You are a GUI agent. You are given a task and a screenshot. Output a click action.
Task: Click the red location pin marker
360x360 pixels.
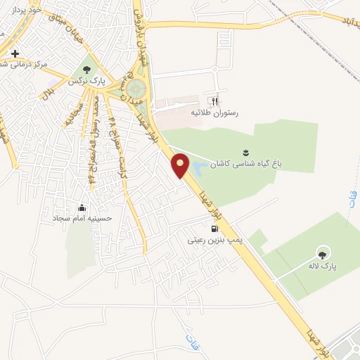181,165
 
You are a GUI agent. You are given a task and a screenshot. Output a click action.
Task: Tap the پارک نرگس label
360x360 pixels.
87,82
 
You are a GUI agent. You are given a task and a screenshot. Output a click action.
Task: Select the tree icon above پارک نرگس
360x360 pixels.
86,69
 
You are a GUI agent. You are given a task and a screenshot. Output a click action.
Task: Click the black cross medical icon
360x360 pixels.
15,53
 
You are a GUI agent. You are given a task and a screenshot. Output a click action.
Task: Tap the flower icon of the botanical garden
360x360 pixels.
245,151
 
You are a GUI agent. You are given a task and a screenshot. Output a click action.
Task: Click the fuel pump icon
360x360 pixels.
214,229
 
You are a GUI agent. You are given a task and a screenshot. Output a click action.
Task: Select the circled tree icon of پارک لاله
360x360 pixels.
323,254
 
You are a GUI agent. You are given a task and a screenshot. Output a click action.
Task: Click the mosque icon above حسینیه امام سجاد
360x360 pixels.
82,207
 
